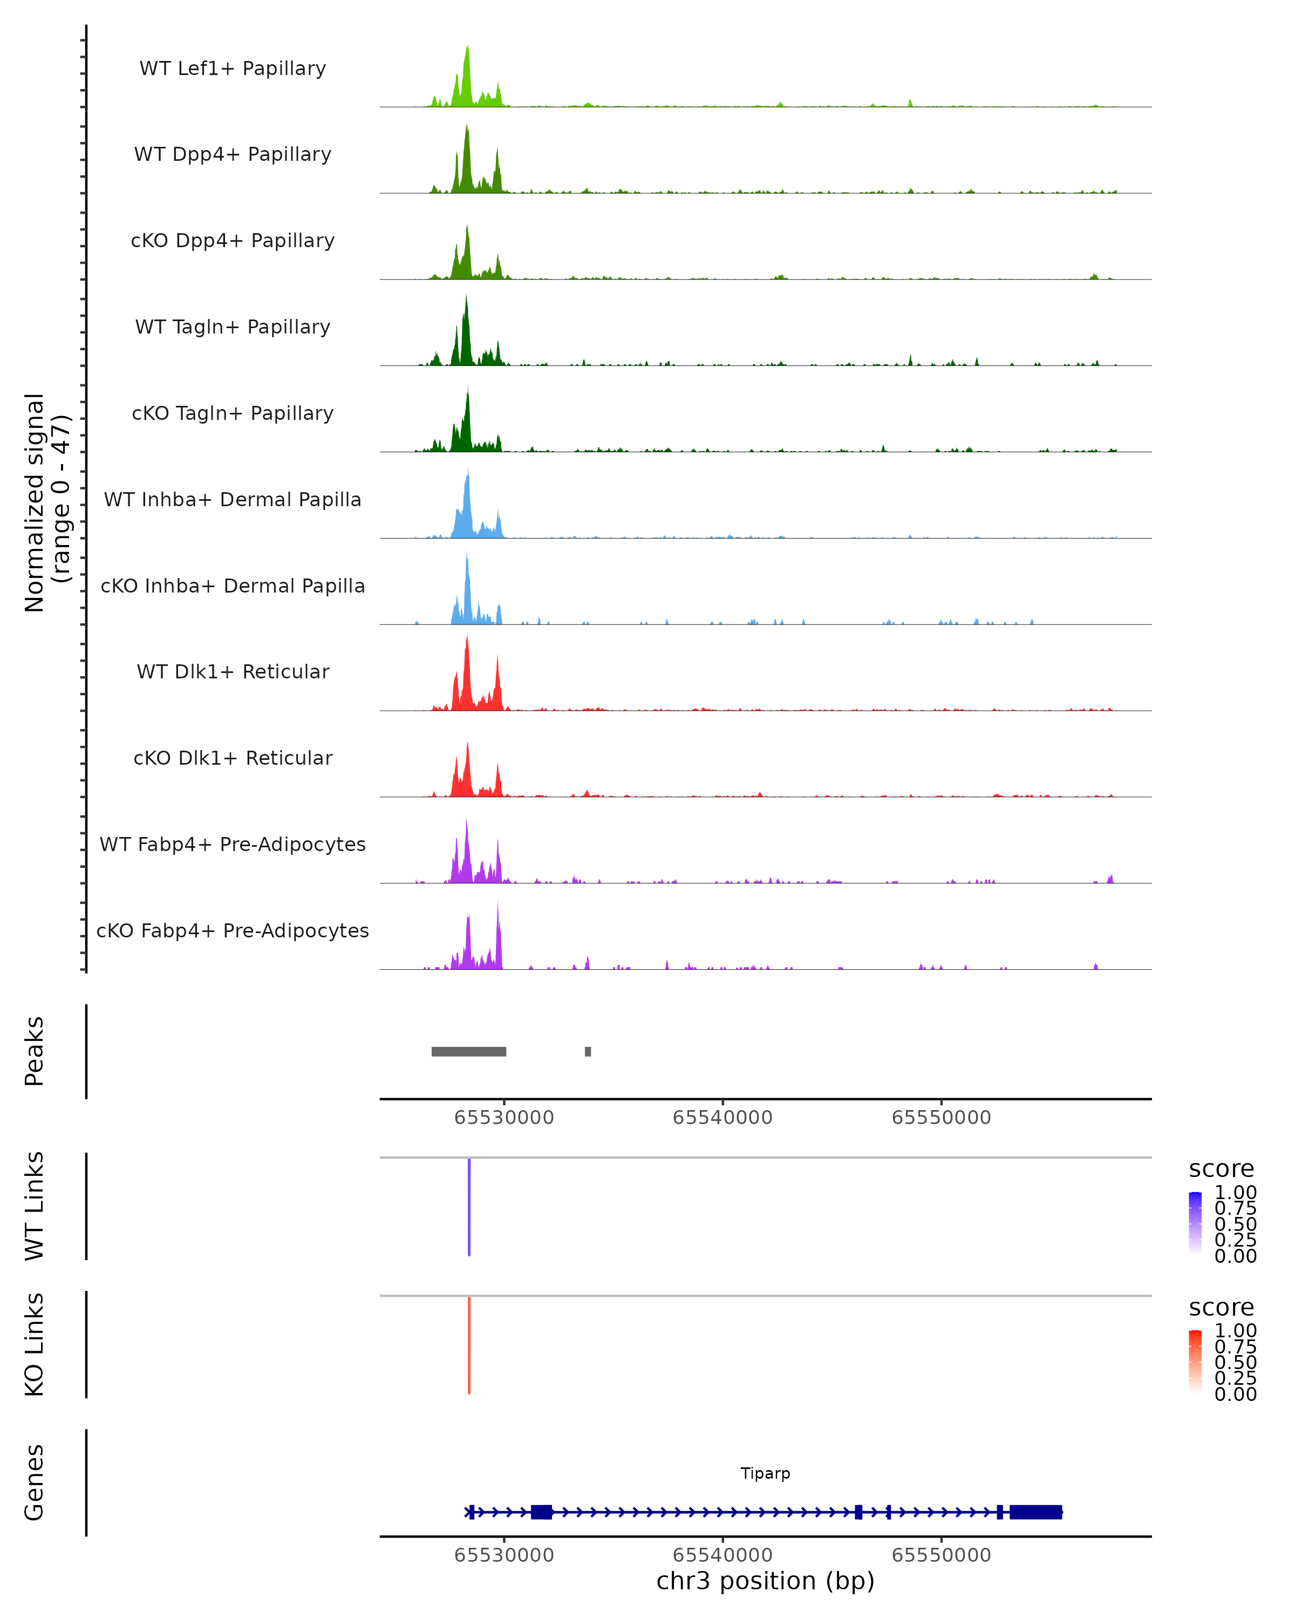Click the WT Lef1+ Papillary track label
pos(233,69)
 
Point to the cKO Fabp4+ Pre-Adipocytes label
pos(233,930)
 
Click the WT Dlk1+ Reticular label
pos(233,671)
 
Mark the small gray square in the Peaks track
pos(588,1051)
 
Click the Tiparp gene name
pos(765,1473)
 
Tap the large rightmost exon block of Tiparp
pos(1035,1512)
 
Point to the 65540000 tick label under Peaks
pos(722,1118)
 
